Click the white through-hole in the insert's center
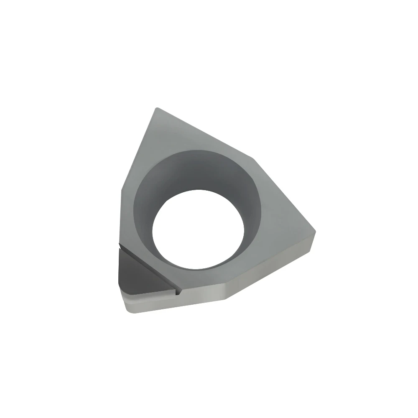(199, 229)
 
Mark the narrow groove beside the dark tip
(150, 268)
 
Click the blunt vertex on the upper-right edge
(252, 158)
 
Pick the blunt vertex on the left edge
(122, 190)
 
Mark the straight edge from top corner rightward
(205, 133)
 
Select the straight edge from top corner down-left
(138, 150)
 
